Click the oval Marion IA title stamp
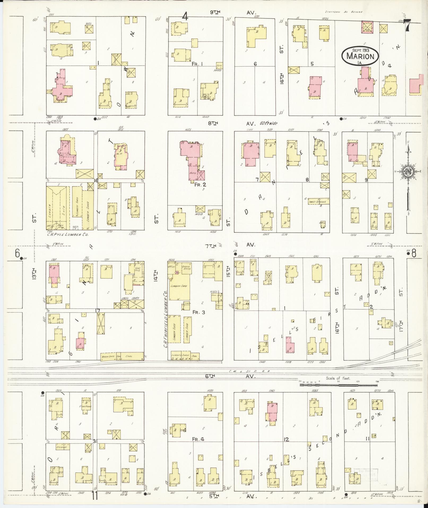click(360, 56)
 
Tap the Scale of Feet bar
click(338, 385)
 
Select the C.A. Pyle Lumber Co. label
click(67, 235)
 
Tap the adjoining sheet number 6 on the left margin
click(18, 253)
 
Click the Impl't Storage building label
click(318, 202)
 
